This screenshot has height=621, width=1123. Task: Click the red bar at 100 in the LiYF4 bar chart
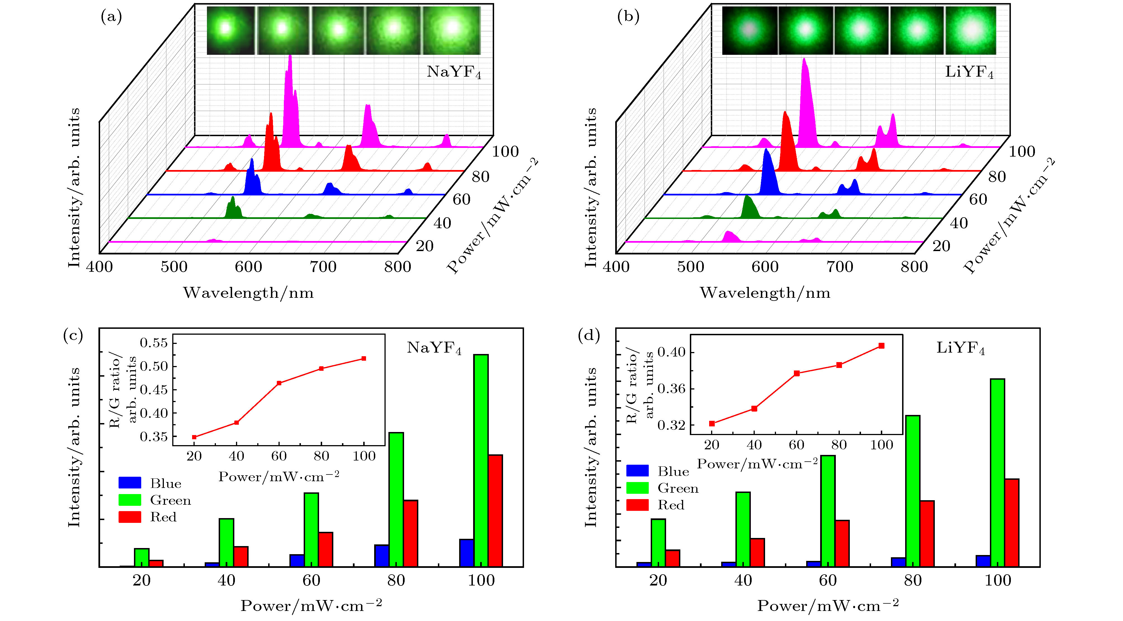[1012, 523]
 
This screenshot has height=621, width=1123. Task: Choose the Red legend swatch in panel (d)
[637, 505]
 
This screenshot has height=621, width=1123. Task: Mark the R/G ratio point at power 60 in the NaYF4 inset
[279, 383]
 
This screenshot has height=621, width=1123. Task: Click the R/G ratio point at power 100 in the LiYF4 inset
[881, 346]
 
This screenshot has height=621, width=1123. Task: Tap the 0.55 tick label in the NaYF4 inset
[154, 343]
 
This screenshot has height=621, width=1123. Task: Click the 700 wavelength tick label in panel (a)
[323, 267]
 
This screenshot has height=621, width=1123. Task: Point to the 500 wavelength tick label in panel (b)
[690, 267]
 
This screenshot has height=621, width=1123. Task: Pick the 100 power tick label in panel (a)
[506, 151]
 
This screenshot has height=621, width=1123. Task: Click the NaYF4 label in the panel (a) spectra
[453, 72]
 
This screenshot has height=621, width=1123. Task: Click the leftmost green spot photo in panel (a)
[230, 30]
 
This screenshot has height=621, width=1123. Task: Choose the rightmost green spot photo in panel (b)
[970, 30]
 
